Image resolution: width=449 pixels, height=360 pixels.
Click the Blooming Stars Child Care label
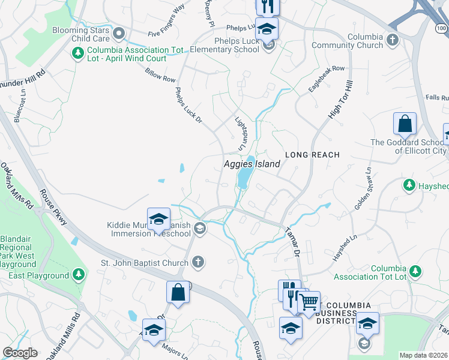pyautogui.click(x=81, y=34)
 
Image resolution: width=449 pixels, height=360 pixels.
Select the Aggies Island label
pyautogui.click(x=252, y=164)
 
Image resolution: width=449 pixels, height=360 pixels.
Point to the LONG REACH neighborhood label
pyautogui.click(x=312, y=155)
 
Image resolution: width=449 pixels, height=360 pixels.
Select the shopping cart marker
pyautogui.click(x=309, y=302)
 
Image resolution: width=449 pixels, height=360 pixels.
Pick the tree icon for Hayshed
pyautogui.click(x=409, y=185)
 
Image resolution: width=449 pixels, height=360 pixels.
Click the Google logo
pyautogui.click(x=20, y=353)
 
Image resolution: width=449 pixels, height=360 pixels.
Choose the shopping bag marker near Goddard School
pyautogui.click(x=405, y=125)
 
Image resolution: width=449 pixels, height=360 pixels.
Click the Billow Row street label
pyautogui.click(x=160, y=75)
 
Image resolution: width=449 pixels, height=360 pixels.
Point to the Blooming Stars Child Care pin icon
pyautogui.click(x=118, y=34)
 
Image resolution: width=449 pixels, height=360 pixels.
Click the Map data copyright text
pyautogui.click(x=423, y=355)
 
